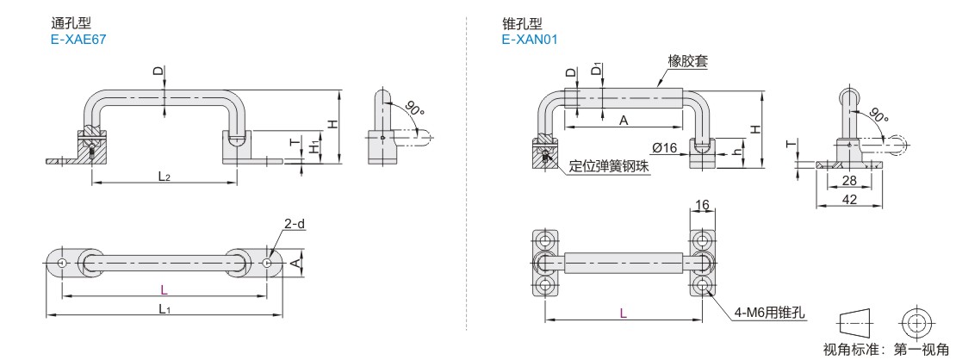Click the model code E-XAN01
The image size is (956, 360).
point(529,39)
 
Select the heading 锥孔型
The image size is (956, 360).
point(519,24)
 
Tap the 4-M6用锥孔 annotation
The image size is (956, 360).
point(770,313)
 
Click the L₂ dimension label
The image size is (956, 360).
point(164,176)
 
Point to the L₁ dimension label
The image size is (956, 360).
point(164,308)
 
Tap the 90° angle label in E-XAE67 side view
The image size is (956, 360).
point(413,109)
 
